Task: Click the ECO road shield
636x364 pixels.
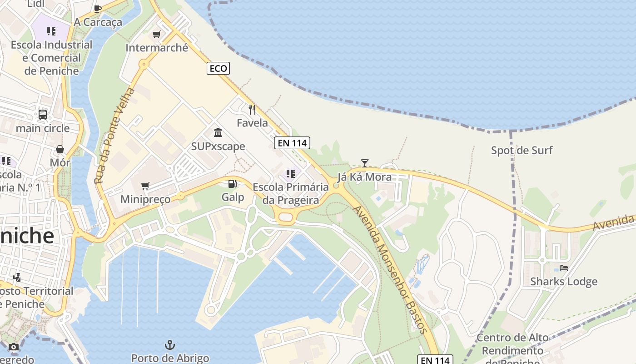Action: point(218,68)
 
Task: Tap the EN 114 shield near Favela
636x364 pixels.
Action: point(293,143)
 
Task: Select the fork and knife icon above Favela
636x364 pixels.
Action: point(252,109)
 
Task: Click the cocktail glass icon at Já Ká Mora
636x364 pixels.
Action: point(364,163)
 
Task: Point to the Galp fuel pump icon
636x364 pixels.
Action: point(232,184)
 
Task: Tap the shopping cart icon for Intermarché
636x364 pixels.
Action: point(157,34)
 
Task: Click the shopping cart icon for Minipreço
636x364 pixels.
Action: point(145,186)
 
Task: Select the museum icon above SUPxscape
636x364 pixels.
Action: point(218,132)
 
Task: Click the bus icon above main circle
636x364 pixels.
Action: point(43,114)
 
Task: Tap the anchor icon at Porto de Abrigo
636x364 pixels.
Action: point(169,344)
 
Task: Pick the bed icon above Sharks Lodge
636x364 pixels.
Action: point(564,268)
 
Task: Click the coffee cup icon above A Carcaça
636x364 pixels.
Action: point(98,8)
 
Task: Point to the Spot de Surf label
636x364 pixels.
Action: point(522,150)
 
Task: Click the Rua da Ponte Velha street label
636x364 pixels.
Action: point(115,136)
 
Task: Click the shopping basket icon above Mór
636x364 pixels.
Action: point(60,149)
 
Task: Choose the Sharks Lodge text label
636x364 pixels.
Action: point(564,282)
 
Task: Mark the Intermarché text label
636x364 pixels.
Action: point(157,48)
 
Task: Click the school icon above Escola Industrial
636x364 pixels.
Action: point(51,31)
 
